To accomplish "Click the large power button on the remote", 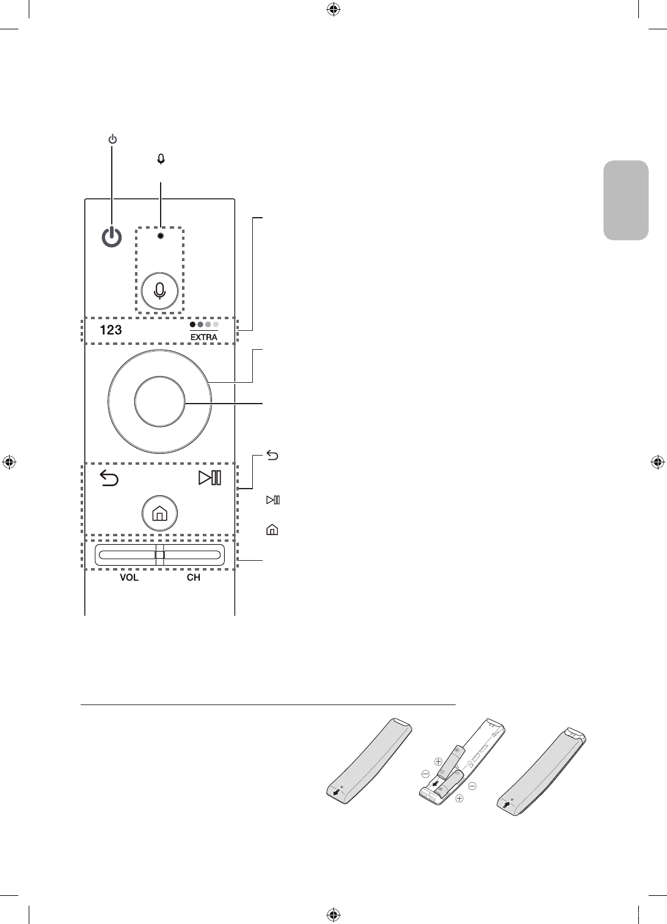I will [x=111, y=237].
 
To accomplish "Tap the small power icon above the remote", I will [x=112, y=139].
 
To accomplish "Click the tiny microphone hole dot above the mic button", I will [x=160, y=236].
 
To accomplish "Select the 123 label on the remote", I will [x=110, y=330].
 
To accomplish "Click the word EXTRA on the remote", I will [x=203, y=337].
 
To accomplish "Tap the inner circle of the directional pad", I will [x=159, y=401].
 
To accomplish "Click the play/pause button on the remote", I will [x=210, y=478].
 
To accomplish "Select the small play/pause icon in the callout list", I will [x=272, y=500].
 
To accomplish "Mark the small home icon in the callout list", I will [x=272, y=530].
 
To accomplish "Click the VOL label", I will [x=128, y=578].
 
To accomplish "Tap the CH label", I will [x=193, y=578].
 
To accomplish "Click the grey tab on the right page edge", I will [x=626, y=201].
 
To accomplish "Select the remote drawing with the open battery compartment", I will [x=461, y=764].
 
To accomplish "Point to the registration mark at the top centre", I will [x=333, y=9].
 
